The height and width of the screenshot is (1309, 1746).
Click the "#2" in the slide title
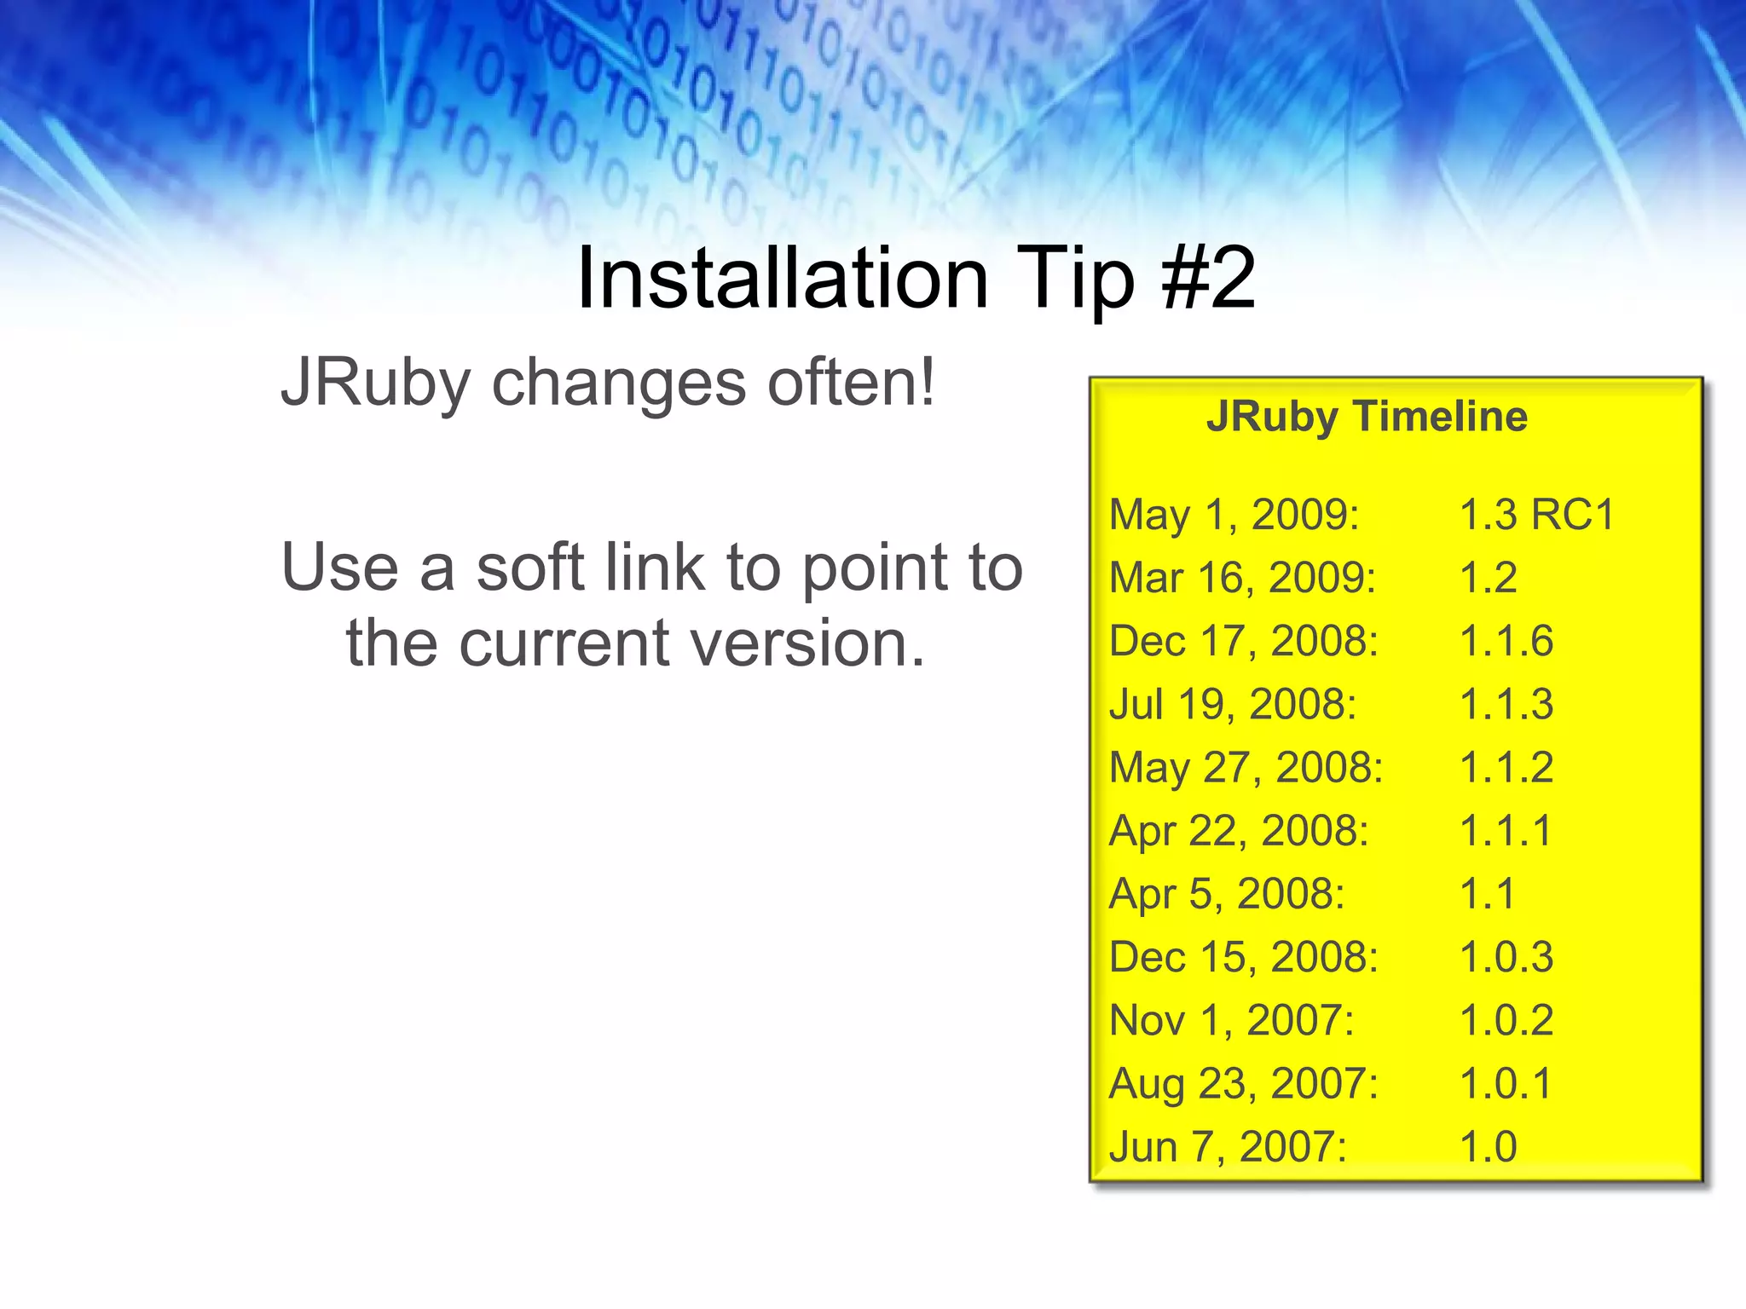pyautogui.click(x=1209, y=278)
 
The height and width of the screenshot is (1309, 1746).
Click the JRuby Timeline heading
pyautogui.click(x=1367, y=417)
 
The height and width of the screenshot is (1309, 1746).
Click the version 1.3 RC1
pyautogui.click(x=1537, y=515)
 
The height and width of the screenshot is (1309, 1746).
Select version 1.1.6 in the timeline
pyautogui.click(x=1506, y=641)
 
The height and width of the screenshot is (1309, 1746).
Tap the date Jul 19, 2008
pyautogui.click(x=1232, y=705)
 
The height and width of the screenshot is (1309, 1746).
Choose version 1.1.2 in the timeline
pyautogui.click(x=1506, y=767)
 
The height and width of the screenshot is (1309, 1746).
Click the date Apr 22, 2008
pyautogui.click(x=1238, y=831)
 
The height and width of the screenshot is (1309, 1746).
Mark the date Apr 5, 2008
pyautogui.click(x=1226, y=894)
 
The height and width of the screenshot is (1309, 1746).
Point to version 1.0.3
pyautogui.click(x=1506, y=957)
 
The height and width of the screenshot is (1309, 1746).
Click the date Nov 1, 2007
pyautogui.click(x=1231, y=1020)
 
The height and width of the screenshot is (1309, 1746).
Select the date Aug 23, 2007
pyautogui.click(x=1243, y=1084)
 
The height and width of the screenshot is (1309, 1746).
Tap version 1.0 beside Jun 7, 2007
pyautogui.click(x=1489, y=1147)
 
